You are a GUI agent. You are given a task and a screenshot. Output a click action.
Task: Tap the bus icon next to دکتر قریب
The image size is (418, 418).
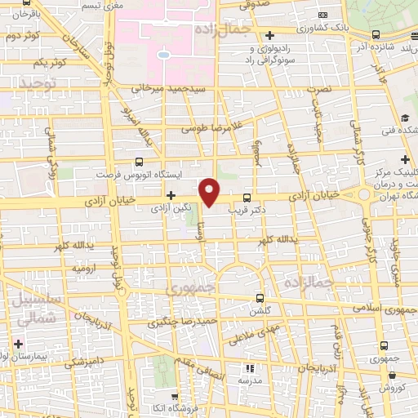click(247, 198)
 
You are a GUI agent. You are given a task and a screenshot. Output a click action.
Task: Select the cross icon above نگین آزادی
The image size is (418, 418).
click(171, 195)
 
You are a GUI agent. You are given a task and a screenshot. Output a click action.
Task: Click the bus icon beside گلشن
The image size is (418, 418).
click(260, 297)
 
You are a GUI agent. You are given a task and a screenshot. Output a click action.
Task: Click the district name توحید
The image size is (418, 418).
click(41, 84)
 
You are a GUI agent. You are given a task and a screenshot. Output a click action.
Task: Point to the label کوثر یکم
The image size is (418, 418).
click(47, 62)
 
